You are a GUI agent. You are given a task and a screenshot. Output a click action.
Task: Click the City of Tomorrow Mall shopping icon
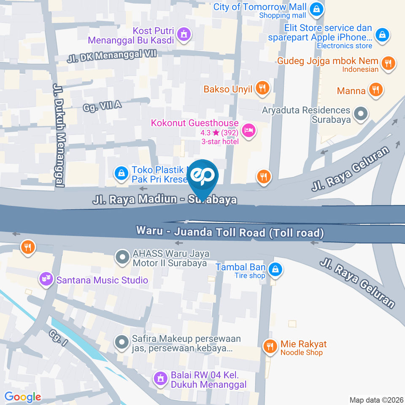(x=316, y=8)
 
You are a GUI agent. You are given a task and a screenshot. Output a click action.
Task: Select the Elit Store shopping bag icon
(x=382, y=34)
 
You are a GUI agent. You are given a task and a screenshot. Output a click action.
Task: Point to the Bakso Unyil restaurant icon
(x=263, y=88)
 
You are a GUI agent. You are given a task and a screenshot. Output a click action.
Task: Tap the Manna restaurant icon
(x=375, y=89)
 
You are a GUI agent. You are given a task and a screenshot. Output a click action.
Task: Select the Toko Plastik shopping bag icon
(x=121, y=173)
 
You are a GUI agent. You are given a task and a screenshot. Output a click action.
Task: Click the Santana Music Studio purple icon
(x=46, y=278)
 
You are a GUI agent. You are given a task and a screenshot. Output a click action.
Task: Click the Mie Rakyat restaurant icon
(x=270, y=346)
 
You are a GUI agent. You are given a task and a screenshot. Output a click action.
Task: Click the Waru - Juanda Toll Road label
(x=230, y=232)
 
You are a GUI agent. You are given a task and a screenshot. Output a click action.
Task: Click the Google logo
(x=22, y=397)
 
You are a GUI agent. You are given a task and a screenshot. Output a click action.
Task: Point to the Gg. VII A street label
(x=103, y=106)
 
